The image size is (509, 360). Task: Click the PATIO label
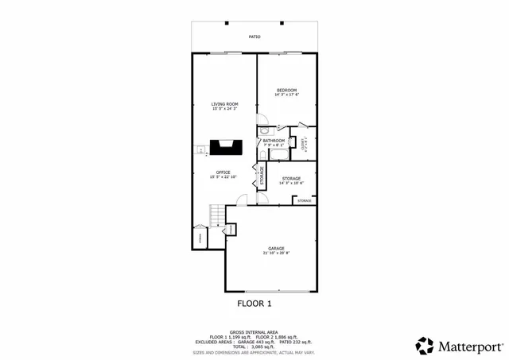coord(254,37)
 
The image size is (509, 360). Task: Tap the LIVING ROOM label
coord(225,104)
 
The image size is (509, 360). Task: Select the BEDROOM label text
coord(286,91)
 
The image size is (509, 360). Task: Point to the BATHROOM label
coord(274,141)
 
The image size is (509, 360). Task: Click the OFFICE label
coord(223,172)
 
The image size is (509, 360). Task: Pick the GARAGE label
coord(276,248)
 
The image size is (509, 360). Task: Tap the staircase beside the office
coord(216,215)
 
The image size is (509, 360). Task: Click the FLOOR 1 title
coord(254,304)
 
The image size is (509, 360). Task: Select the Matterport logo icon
coord(425,345)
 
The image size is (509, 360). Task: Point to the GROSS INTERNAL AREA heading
coord(254,332)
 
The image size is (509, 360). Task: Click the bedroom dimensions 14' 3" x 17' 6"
coord(286,95)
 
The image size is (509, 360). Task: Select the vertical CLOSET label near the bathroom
coord(303,144)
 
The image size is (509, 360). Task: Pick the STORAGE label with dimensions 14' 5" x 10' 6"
coord(291,179)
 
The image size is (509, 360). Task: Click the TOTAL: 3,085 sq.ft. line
coord(254,346)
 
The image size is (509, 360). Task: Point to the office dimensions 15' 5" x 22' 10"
coord(223,176)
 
